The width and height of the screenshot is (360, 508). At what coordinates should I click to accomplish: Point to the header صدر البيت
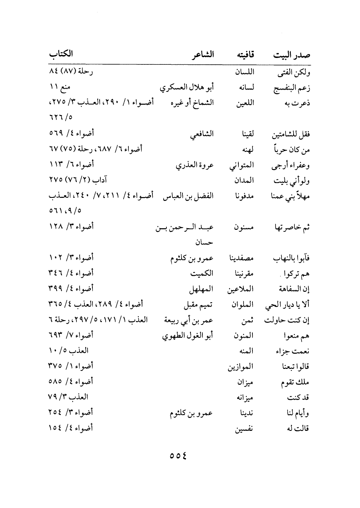(x=291, y=55)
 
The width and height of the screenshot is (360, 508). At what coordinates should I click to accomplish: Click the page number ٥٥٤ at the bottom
(x=179, y=455)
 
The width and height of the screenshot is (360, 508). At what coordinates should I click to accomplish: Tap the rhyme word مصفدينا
(x=240, y=258)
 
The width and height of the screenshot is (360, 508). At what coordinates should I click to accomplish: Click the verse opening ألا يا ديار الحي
(x=288, y=305)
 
